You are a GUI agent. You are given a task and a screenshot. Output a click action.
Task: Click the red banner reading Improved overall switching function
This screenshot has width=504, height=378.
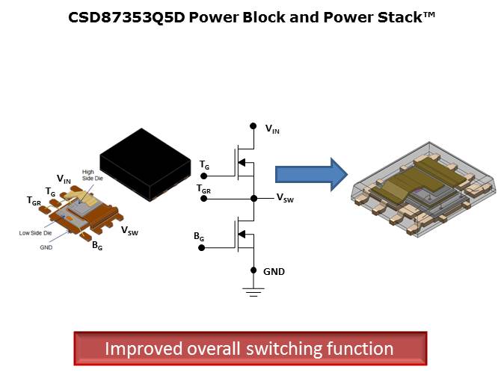249,348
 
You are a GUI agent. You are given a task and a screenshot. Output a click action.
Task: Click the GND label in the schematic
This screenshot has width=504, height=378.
274,271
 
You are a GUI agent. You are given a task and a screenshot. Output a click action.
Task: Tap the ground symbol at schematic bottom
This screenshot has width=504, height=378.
253,291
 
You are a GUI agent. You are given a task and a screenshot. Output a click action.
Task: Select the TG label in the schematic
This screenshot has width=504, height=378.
204,164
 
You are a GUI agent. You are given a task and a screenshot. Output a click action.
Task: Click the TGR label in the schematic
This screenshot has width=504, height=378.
203,190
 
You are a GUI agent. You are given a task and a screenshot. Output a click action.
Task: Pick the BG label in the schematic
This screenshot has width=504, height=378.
198,237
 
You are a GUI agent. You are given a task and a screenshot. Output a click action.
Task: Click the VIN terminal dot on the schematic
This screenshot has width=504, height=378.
253,126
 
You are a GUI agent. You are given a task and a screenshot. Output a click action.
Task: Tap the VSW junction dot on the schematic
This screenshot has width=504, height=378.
253,198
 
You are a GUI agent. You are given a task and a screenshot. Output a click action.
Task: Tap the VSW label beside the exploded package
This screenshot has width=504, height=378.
129,232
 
